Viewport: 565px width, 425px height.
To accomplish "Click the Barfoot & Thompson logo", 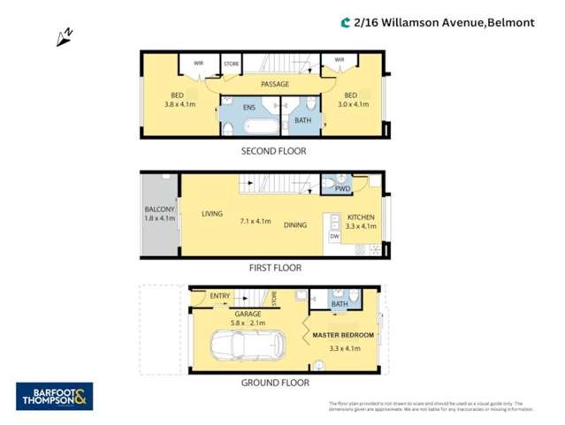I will click(53, 397).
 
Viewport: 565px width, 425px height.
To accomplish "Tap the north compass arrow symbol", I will click(65, 37).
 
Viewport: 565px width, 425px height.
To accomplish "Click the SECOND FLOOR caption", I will click(274, 151).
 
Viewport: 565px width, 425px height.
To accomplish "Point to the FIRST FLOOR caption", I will click(274, 267).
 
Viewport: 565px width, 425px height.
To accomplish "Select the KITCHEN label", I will click(361, 217).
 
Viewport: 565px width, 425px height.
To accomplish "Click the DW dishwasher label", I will click(334, 236).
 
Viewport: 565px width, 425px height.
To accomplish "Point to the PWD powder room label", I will click(343, 188).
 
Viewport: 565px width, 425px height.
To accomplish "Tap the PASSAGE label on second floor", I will click(275, 84).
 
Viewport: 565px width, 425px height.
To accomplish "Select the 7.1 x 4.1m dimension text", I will click(255, 221).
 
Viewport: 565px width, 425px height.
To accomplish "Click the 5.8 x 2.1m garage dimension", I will click(248, 323).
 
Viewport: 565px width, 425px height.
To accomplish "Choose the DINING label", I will click(295, 225).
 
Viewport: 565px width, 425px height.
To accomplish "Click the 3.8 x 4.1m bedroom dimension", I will click(178, 104).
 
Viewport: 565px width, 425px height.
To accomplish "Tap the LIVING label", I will click(211, 214).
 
